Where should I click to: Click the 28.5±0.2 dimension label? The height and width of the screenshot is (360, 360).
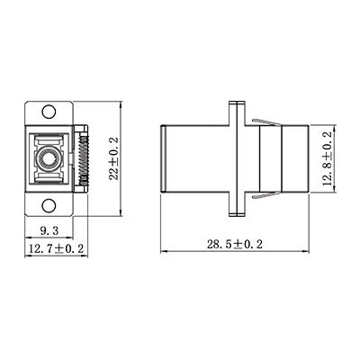point(234,244)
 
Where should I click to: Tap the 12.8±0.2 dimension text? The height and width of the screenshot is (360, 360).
point(328,158)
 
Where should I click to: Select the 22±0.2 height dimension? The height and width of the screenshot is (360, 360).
point(114,158)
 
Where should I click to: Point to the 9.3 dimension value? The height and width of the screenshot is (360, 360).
point(49,230)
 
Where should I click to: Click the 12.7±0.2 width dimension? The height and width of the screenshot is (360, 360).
point(56,248)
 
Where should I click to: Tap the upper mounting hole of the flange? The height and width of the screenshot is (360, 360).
point(49,112)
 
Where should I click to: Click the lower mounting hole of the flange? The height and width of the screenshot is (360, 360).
point(49,206)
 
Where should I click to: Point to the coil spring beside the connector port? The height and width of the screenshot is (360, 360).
point(84,158)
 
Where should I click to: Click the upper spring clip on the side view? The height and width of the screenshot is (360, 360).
point(267,122)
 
